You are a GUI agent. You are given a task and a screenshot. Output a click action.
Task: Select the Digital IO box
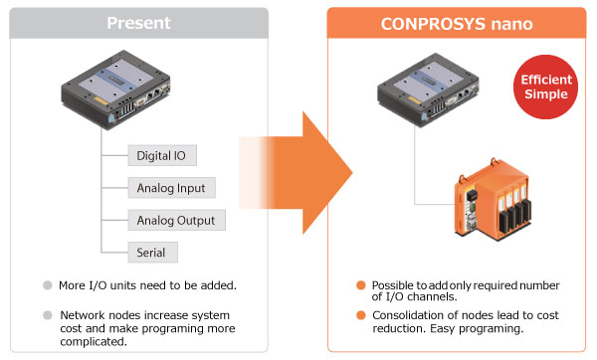[162, 155]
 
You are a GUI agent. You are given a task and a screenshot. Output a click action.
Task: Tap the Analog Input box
[171, 187]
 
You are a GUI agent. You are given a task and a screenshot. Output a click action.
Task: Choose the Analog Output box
[175, 219]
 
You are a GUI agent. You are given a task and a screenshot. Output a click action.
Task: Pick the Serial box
[151, 252]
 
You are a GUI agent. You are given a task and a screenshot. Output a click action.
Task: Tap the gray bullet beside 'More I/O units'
[47, 284]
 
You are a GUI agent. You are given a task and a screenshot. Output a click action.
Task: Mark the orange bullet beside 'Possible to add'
[361, 285]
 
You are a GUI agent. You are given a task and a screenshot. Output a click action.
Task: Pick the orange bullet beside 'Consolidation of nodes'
[361, 316]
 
